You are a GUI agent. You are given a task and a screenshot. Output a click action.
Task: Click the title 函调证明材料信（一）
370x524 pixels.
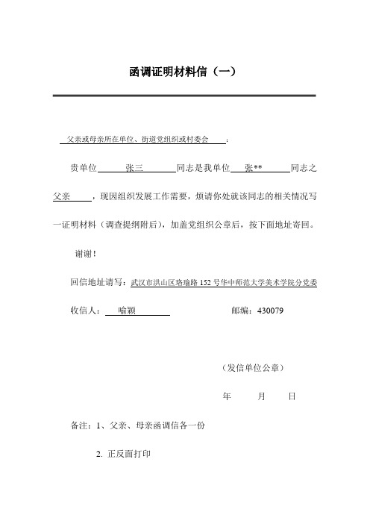pos(183,72)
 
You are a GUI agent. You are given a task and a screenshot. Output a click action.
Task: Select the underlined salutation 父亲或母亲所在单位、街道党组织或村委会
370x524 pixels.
pos(138,140)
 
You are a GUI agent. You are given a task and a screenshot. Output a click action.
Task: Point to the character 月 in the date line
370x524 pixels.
pos(262,397)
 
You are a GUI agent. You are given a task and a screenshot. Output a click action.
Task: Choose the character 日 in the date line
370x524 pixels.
pos(292,397)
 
